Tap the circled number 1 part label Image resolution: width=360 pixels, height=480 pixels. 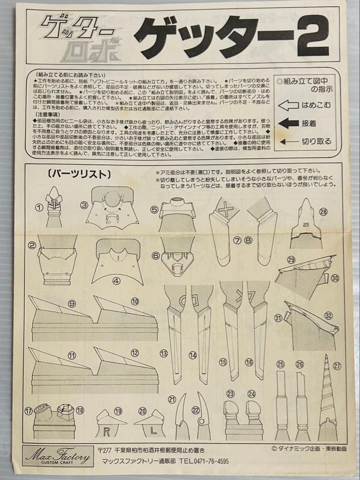pos(40,207)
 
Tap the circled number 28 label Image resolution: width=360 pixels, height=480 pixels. pos(323,212)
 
